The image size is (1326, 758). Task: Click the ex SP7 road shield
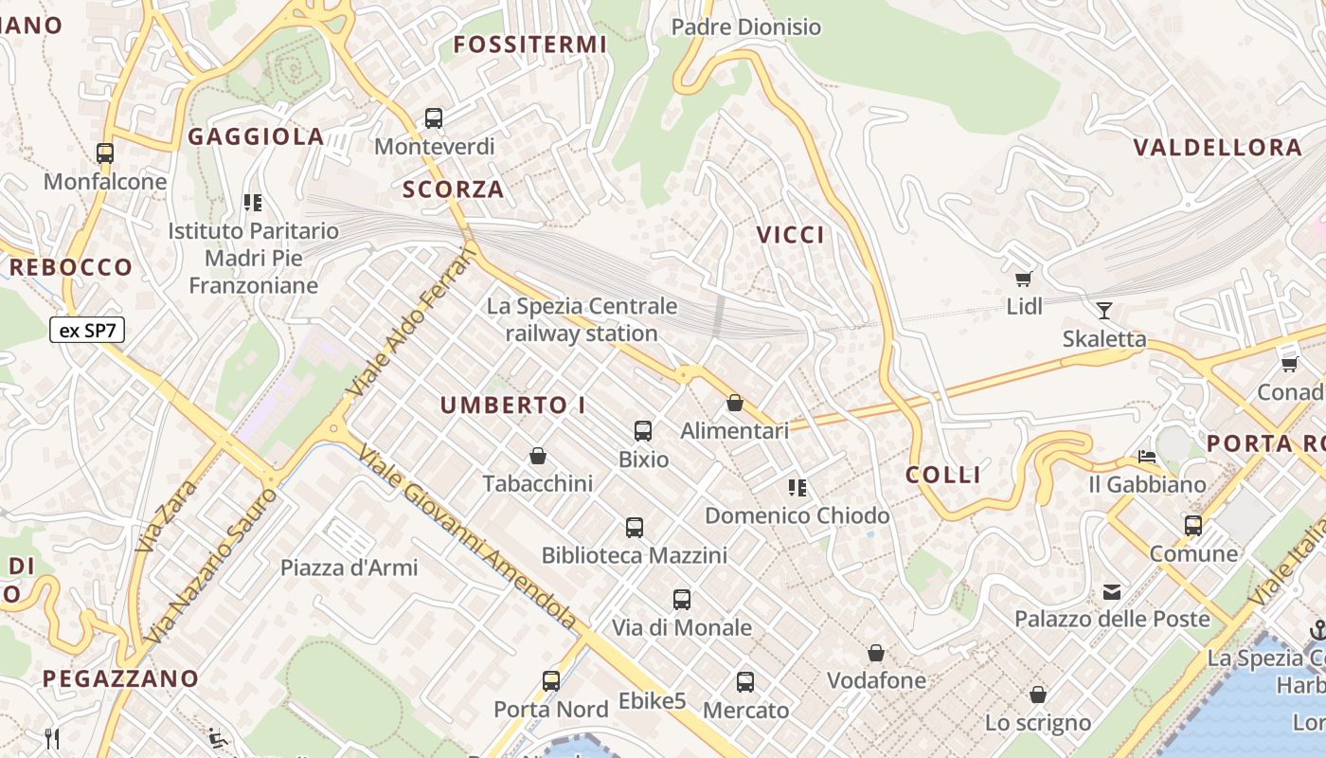(x=87, y=331)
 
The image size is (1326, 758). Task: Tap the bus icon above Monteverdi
(x=434, y=118)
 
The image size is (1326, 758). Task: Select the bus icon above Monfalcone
(x=105, y=153)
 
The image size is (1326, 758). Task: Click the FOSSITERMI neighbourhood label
(x=529, y=45)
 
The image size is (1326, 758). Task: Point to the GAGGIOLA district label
(x=256, y=136)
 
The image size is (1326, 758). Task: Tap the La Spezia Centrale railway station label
(x=582, y=319)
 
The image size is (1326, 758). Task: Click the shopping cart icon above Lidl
(x=1023, y=279)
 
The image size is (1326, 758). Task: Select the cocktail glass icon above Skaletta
(x=1103, y=310)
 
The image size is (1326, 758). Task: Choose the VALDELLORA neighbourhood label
(x=1218, y=148)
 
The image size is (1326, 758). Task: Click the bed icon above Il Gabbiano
(x=1147, y=456)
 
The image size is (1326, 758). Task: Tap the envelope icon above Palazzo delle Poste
(x=1112, y=592)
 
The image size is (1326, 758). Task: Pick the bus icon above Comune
(x=1193, y=525)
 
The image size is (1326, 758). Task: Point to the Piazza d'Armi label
(x=349, y=568)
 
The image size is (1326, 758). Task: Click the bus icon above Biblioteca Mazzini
(x=635, y=527)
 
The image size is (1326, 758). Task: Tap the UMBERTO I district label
(x=512, y=406)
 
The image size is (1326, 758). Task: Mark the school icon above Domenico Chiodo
(x=797, y=488)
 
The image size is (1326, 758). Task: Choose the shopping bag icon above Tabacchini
(x=538, y=456)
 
